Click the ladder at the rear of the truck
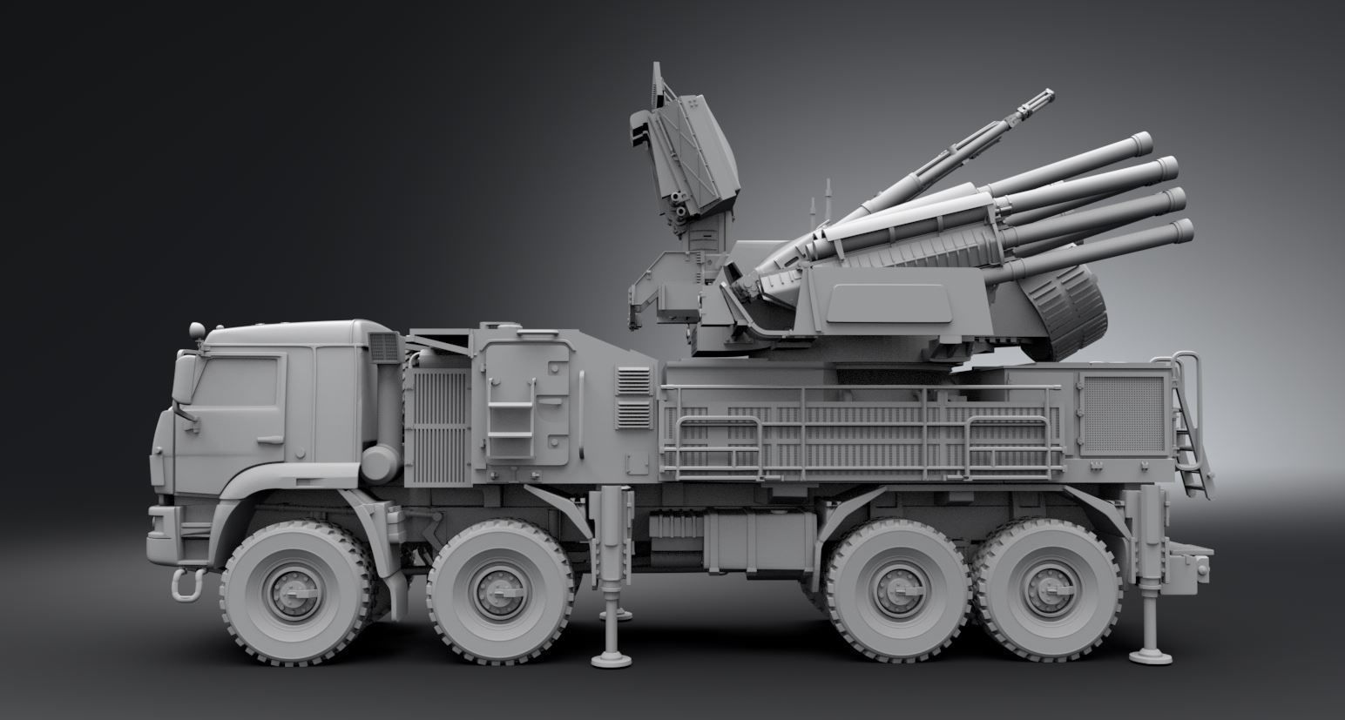coord(1189,427)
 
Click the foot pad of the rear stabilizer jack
coord(1147,655)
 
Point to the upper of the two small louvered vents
coord(634,380)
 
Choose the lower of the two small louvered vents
coord(634,414)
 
